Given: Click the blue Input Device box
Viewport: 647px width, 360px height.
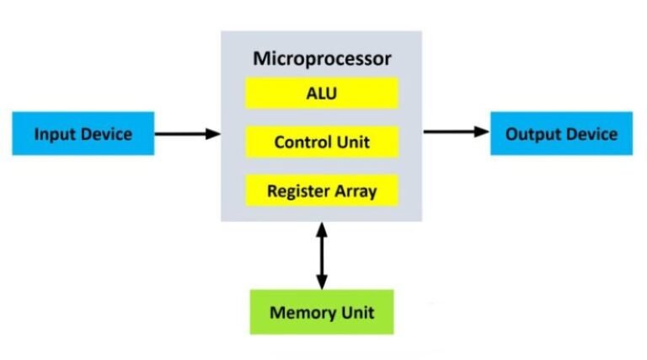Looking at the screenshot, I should tap(83, 133).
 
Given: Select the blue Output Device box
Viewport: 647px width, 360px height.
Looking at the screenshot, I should tap(561, 133).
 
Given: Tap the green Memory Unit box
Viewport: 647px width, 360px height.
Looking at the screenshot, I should tap(321, 313).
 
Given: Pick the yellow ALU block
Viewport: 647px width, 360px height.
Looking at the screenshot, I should tap(321, 93).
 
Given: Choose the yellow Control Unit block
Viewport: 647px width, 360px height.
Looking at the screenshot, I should tap(321, 142).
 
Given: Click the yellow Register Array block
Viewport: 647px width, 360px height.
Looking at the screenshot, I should tap(321, 191).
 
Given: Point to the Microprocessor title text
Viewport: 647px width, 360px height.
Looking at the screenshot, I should tap(322, 59).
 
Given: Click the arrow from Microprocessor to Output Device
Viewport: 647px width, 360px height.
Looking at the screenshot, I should tap(456, 132).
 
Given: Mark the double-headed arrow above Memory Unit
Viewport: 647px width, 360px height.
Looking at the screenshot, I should tap(321, 255).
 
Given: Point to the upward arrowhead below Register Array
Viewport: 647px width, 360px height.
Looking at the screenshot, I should tap(321, 228).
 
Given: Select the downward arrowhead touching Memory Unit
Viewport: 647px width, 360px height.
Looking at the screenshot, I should tap(321, 283).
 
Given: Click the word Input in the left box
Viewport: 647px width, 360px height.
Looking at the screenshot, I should tap(54, 134).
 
